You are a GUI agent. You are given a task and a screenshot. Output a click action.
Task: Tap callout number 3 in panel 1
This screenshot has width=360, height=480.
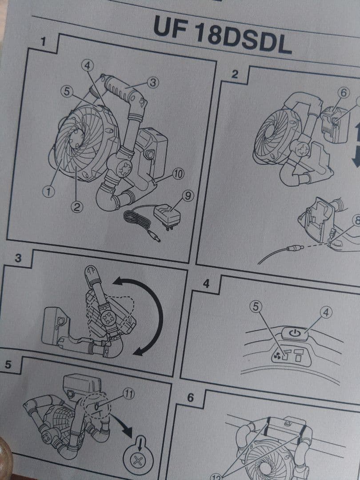pos(153,83)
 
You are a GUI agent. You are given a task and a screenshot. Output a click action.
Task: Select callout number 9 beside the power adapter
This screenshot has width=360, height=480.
pos(188,196)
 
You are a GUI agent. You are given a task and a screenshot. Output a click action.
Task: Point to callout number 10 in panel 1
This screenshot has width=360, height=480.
pos(178,175)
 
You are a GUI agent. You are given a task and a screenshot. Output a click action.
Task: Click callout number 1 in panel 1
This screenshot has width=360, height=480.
pos(48,192)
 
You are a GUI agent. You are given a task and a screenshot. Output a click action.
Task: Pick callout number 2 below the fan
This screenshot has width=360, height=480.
pos(77,208)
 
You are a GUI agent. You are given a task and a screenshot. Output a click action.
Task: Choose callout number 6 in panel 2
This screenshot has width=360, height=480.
pos(344,93)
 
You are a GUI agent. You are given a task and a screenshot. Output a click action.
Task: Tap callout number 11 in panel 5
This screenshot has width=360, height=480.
pos(128,394)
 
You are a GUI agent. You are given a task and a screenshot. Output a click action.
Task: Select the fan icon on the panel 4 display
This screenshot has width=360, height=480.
pos(276,355)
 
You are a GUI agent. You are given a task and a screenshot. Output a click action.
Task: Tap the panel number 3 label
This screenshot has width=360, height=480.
pos(18,258)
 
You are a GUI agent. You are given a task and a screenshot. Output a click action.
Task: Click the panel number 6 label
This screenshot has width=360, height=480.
pos(190,398)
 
